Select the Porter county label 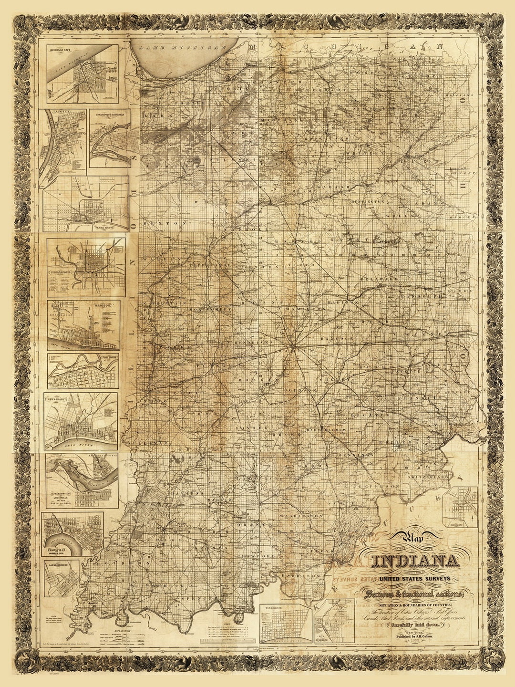[190, 103]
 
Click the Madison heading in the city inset [105, 304]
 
